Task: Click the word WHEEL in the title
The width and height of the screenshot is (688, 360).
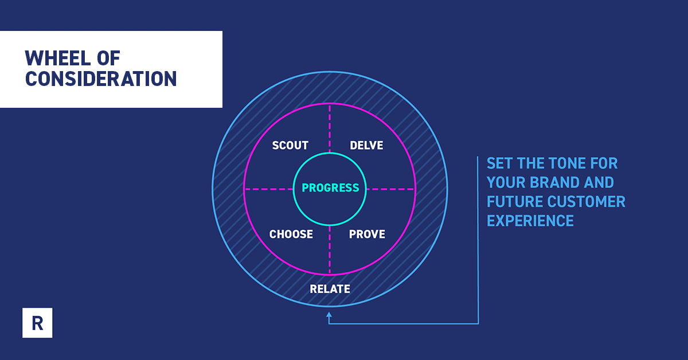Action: tap(58, 58)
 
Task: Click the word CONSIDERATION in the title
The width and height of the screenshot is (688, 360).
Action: tap(101, 79)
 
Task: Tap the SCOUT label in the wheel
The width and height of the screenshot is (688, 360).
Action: tap(290, 145)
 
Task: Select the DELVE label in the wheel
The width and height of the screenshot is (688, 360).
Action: tap(366, 145)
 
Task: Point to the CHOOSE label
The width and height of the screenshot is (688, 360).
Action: tap(291, 234)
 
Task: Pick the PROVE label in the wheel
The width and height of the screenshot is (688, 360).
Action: tap(367, 234)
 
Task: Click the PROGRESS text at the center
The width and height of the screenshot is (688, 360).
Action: tap(330, 187)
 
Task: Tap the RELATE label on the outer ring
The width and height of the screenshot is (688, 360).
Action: tap(330, 289)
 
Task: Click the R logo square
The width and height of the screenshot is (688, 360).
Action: tap(37, 323)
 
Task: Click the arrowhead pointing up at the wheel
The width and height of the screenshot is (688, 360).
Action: tap(329, 315)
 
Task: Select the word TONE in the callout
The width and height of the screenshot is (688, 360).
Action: tap(566, 163)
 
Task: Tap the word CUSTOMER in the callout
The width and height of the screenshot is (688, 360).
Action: tap(587, 202)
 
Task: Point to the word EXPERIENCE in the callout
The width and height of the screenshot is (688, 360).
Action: tap(530, 221)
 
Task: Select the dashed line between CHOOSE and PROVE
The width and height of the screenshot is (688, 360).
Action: tap(330, 250)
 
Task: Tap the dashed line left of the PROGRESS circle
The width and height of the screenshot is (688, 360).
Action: tap(269, 189)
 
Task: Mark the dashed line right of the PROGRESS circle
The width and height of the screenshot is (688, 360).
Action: tap(390, 189)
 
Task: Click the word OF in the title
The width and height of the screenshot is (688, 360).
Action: tap(109, 58)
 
